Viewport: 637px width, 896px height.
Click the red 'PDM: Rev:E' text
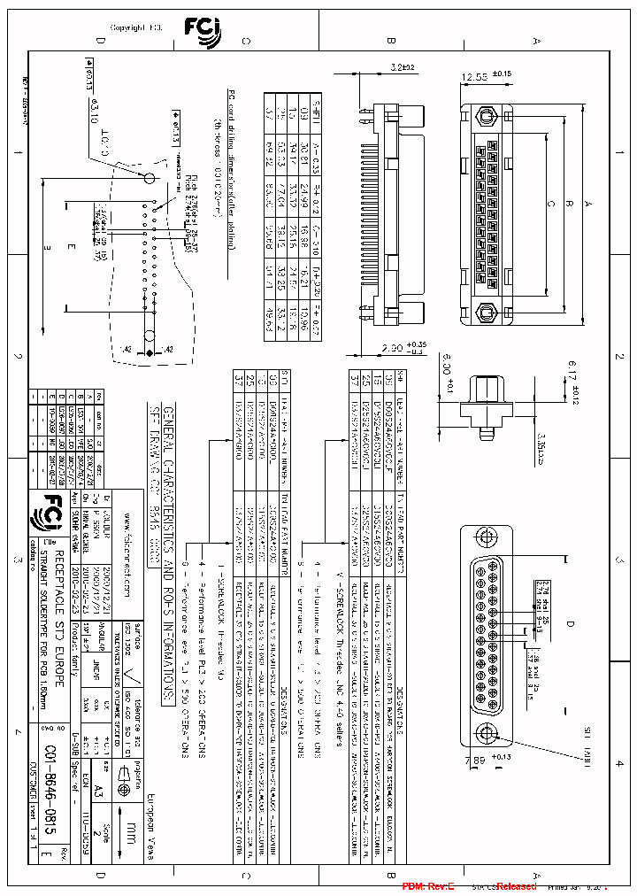click(x=427, y=886)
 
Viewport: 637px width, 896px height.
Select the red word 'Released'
click(x=516, y=886)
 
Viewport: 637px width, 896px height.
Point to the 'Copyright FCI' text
click(x=134, y=27)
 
